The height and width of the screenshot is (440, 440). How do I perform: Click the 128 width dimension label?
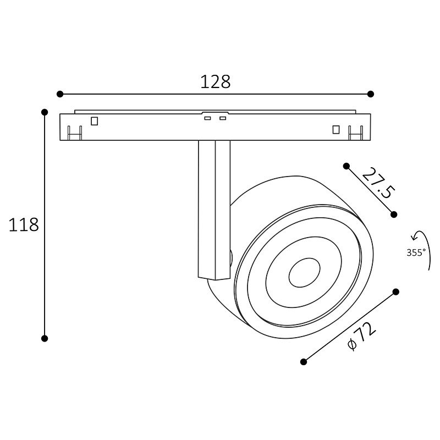[x=216, y=81]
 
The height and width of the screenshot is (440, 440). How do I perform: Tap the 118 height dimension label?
[x=24, y=225]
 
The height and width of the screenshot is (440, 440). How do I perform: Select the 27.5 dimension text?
[x=378, y=183]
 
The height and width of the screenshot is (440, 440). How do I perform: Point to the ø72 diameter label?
[x=361, y=336]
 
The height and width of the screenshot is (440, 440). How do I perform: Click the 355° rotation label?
[x=416, y=252]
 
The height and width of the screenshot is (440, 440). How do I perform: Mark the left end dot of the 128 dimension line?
[x=60, y=94]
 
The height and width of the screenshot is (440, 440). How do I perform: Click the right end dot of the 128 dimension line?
[x=370, y=94]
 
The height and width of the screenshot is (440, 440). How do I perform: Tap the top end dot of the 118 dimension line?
[x=45, y=112]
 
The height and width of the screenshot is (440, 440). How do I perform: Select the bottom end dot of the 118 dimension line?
[x=45, y=338]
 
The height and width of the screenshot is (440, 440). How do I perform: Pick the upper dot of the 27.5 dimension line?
[x=346, y=166]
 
